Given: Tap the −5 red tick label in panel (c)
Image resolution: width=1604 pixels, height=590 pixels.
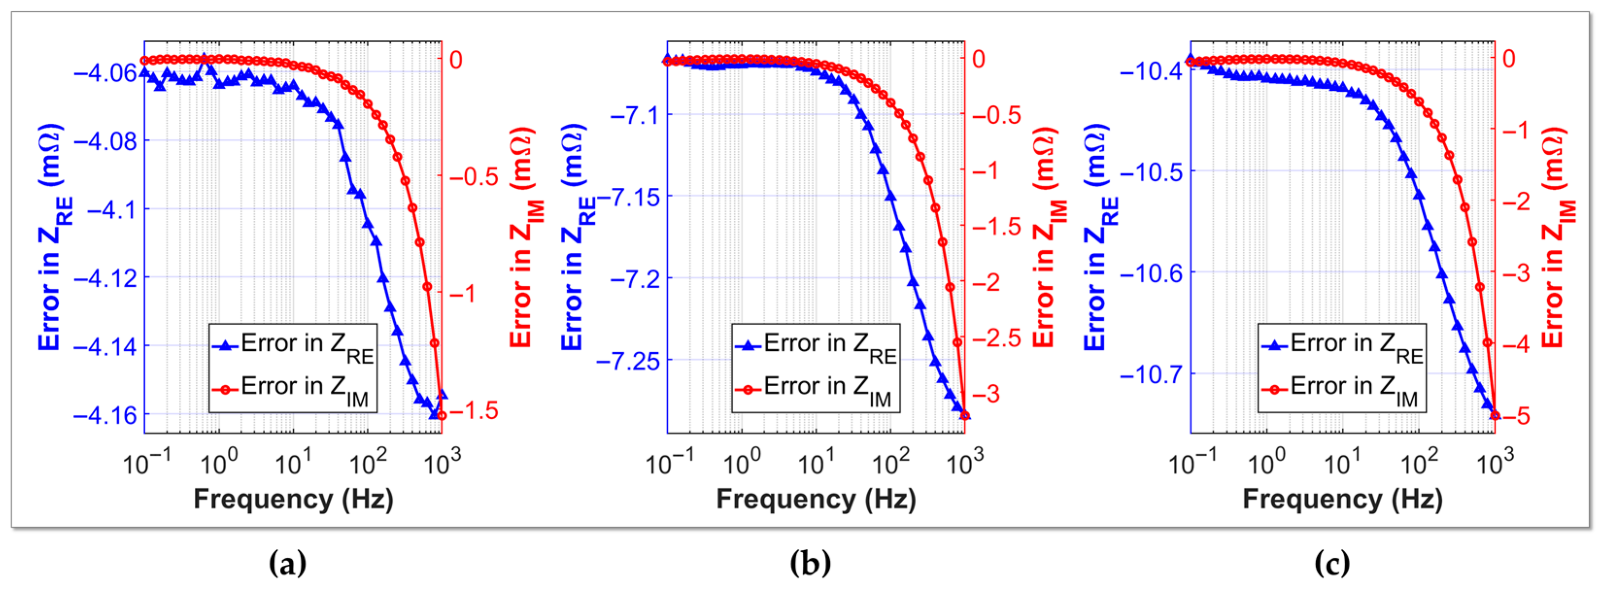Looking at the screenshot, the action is [x=1516, y=416].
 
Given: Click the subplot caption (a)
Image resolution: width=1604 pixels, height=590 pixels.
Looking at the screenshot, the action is [x=287, y=564].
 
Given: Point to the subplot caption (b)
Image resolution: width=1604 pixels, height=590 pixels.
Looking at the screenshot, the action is [x=810, y=564].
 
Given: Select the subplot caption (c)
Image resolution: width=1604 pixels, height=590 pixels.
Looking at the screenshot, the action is [x=1332, y=564].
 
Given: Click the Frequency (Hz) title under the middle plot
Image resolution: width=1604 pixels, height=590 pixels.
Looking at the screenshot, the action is [x=816, y=499].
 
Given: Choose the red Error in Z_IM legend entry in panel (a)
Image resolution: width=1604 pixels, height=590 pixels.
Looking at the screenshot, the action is [x=291, y=390].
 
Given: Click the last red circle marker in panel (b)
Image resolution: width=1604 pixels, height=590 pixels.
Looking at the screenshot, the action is [x=965, y=415].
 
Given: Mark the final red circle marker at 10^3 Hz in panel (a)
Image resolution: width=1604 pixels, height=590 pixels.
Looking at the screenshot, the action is [x=442, y=415].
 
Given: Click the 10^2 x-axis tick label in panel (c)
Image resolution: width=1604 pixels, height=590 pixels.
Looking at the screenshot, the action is [x=1419, y=462].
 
